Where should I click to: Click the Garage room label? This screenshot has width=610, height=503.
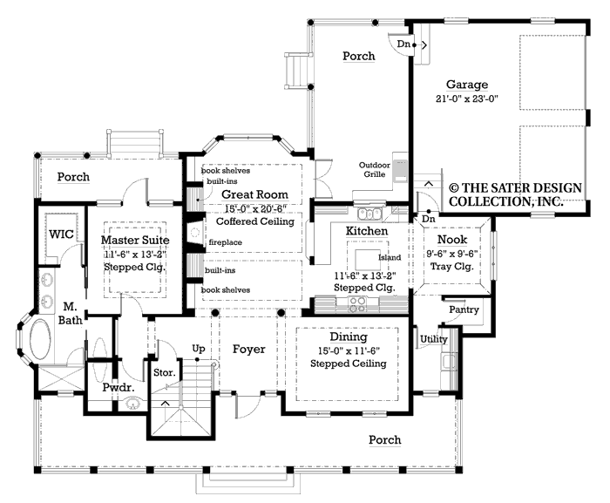pos(467,85)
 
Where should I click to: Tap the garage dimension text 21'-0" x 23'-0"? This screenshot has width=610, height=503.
pos(466,99)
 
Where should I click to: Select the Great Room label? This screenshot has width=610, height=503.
pos(254,194)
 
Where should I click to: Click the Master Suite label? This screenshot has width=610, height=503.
pos(135,239)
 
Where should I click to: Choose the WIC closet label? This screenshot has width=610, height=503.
pos(61,235)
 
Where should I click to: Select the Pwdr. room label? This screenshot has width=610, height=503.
pos(117,386)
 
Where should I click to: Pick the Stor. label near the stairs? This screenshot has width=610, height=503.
pos(165,372)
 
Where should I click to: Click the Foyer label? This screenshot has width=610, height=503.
pos(248,350)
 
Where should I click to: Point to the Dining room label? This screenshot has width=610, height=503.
pos(348,336)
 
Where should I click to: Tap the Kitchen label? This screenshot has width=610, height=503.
pos(367,230)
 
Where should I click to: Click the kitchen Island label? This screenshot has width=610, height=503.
pos(389,258)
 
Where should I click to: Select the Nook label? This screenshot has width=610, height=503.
pos(451,239)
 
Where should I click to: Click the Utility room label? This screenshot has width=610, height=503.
pos(433,338)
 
